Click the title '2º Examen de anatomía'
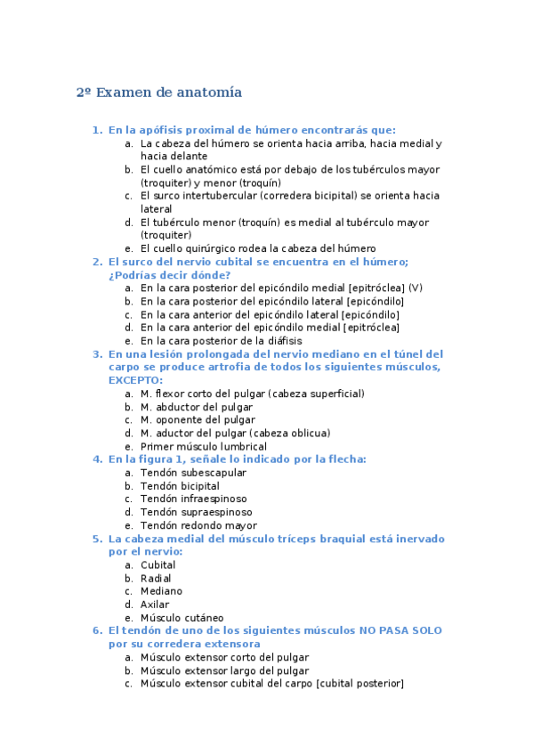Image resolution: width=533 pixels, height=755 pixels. pyautogui.click(x=159, y=93)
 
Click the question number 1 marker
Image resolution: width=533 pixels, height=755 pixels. pyautogui.click(x=97, y=130)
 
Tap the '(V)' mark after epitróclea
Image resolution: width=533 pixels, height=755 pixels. pyautogui.click(x=416, y=288)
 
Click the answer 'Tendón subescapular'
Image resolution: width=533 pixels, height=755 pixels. pyautogui.click(x=193, y=473)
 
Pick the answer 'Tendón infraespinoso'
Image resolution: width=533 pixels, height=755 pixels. pyautogui.click(x=194, y=499)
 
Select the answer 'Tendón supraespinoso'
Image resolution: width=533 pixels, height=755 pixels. pyautogui.click(x=196, y=512)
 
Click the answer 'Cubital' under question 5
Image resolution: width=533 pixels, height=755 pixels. pyautogui.click(x=158, y=564)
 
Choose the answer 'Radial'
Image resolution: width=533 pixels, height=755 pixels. pyautogui.click(x=157, y=578)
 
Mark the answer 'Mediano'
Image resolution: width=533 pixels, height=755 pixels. pyautogui.click(x=161, y=591)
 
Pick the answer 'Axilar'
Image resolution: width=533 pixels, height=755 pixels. pyautogui.click(x=155, y=605)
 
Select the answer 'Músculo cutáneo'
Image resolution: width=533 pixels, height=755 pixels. pyautogui.click(x=182, y=618)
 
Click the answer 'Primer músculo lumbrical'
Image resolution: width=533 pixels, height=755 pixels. pyautogui.click(x=204, y=446)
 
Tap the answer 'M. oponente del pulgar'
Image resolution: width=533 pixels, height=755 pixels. pyautogui.click(x=198, y=419)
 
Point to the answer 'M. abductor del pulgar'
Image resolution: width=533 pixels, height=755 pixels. pyautogui.click(x=198, y=407)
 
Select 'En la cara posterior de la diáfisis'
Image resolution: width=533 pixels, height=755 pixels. pyautogui.click(x=222, y=340)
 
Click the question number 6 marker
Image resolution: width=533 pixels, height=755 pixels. pyautogui.click(x=97, y=630)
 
